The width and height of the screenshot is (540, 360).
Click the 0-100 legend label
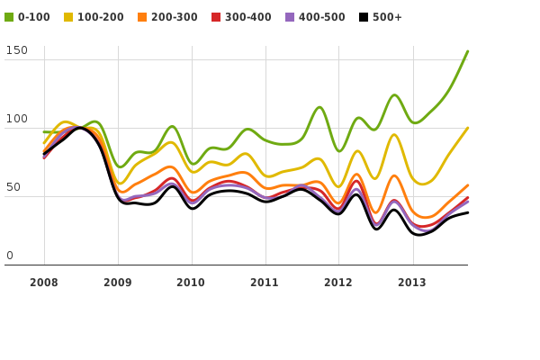pos(34,17)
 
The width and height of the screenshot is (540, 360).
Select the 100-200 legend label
pos(101,17)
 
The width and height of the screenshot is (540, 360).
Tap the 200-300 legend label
pos(175,17)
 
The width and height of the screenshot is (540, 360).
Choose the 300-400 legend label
pos(248,17)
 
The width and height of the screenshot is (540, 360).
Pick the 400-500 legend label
pos(322,17)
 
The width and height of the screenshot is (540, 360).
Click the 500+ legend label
pos(388,17)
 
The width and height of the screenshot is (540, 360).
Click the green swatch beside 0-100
pos(9,17)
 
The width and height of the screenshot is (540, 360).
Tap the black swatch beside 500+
pos(364,17)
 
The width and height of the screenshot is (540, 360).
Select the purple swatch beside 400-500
pos(290,17)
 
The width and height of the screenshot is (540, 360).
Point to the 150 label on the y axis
pos(16,50)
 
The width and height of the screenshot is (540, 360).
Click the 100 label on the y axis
pos(16,119)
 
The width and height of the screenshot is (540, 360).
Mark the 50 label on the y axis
pos(13,187)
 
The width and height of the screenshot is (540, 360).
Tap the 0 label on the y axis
pos(10,256)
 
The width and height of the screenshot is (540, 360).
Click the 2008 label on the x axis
pos(44,283)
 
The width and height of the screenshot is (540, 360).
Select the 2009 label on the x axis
pos(118,283)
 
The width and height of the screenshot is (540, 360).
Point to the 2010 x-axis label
pos(191,283)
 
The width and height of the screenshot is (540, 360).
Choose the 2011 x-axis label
pos(265,283)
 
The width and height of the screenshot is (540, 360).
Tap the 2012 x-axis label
pos(338,283)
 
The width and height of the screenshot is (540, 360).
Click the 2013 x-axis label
pos(412,283)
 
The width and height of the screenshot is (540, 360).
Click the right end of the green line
pos(467,51)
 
